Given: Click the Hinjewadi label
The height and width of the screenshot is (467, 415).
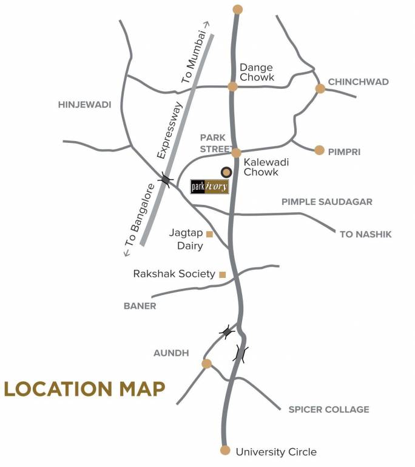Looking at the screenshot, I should coord(85,105).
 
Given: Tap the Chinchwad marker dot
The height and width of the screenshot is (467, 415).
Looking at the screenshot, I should coord(320,89).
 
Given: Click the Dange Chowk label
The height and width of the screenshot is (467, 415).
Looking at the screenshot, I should coord(257,72).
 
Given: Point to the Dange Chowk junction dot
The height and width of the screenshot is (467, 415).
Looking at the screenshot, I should coord(232,86).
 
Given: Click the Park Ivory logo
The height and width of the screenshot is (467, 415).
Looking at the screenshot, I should coord(210,186).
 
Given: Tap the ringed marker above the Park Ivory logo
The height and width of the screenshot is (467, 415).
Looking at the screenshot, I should coord(226,172).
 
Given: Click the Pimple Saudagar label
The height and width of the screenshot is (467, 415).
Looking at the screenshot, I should coord(326,202).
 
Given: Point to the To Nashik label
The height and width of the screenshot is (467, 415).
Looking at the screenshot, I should coord(366,234).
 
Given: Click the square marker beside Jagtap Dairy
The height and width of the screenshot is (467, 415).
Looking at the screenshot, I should coord(209,234).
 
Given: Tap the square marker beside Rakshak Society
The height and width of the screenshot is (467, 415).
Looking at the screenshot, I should coord(223,274).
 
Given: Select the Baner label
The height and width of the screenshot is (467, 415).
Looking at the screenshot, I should coord(140,306).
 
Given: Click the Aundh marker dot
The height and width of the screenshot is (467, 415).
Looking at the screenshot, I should coord(207,364).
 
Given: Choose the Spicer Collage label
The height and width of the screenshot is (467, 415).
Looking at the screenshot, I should coord(328,410).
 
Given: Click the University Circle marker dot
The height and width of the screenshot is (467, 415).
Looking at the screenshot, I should coord(225,451).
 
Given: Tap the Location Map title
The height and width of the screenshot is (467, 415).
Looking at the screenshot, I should coord(85,389).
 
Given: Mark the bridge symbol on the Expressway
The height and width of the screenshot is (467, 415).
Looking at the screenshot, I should coord(166,179).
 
